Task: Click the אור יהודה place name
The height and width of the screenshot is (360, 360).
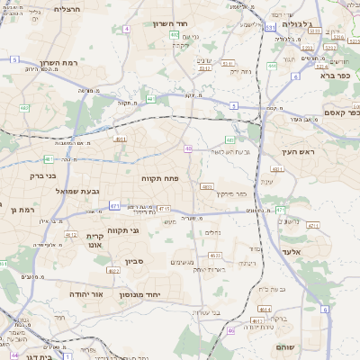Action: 88,293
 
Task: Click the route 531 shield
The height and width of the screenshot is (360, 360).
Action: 271,28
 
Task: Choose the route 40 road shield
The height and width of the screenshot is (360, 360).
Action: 188,148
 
